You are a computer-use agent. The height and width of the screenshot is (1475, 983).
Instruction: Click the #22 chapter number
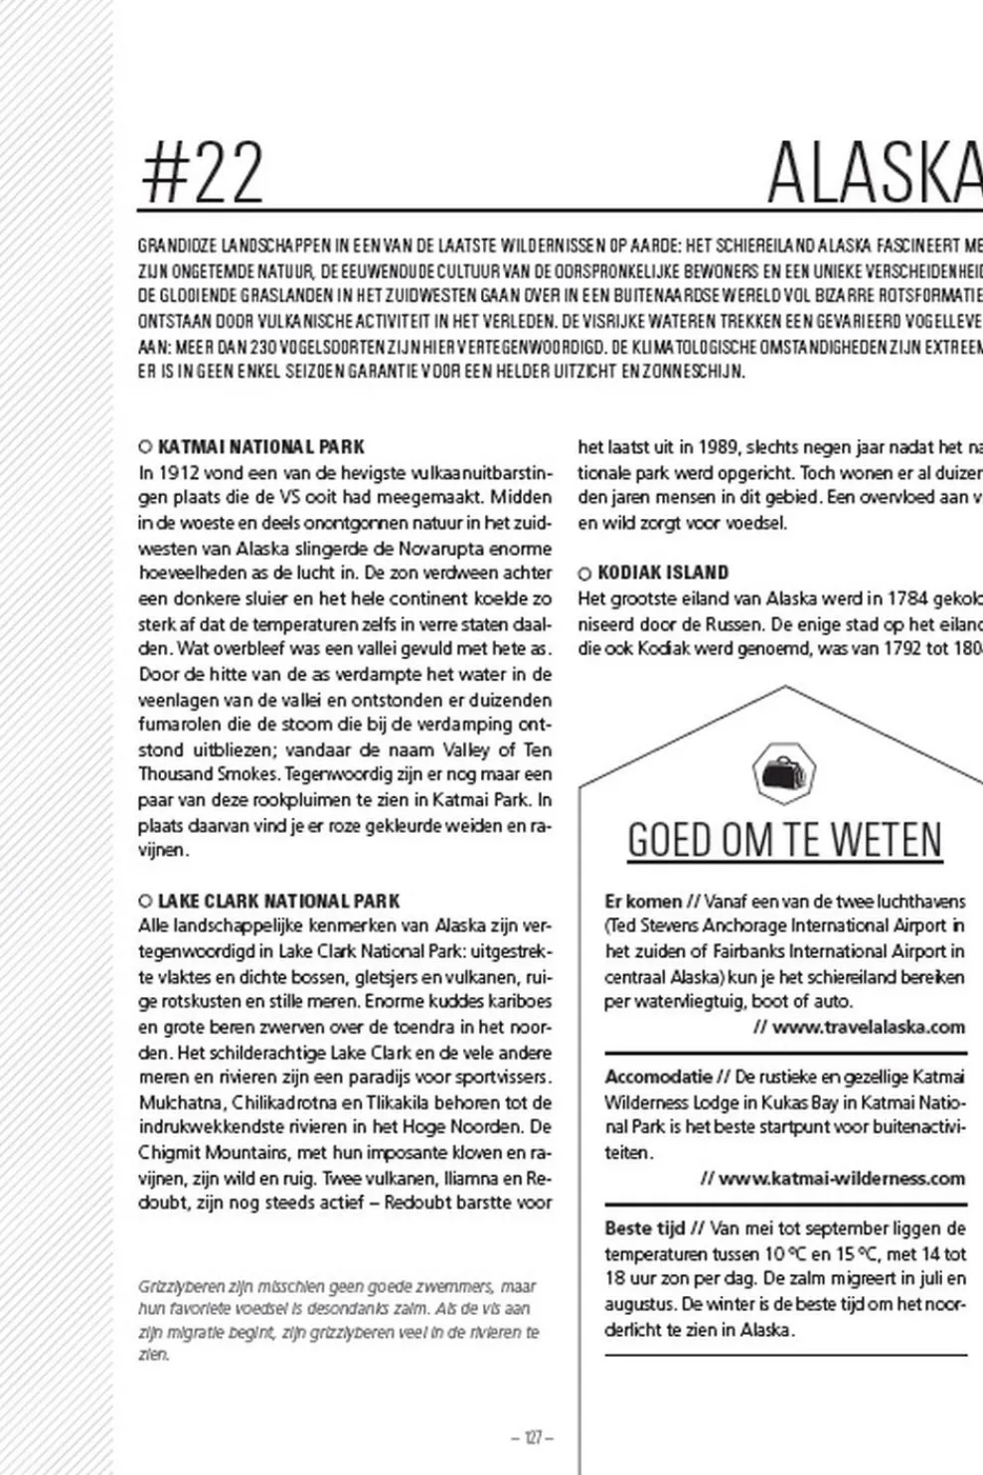click(203, 173)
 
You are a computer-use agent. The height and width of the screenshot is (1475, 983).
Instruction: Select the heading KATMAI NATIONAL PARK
click(261, 447)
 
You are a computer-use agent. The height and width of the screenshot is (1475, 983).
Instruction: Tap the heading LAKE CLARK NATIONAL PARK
click(278, 901)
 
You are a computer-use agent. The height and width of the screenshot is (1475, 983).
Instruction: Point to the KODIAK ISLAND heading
click(663, 573)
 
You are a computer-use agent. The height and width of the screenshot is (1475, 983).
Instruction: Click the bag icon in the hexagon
click(784, 772)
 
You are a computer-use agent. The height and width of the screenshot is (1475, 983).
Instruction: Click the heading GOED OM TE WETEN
click(784, 841)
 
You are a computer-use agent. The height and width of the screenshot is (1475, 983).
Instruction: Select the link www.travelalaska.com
click(868, 1027)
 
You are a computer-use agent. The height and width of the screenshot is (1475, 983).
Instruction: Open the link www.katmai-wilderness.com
click(841, 1179)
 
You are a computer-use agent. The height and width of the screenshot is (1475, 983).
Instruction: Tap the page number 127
click(532, 1437)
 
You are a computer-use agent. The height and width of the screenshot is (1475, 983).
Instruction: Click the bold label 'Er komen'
click(643, 901)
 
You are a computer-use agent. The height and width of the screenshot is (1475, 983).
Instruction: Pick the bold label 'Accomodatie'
click(658, 1076)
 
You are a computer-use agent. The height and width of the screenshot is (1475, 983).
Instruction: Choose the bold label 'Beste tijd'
click(645, 1229)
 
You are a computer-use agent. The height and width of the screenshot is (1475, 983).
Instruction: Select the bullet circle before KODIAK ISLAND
click(584, 574)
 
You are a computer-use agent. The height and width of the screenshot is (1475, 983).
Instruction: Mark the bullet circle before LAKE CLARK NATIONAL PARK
click(145, 901)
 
